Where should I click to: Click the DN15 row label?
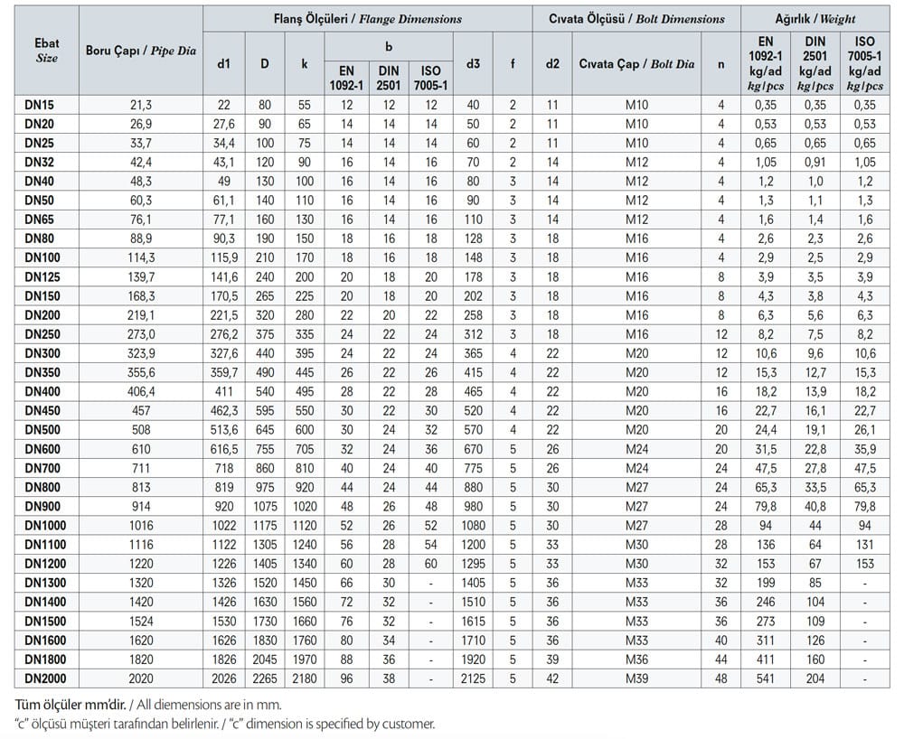point(40,106)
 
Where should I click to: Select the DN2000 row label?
point(45,678)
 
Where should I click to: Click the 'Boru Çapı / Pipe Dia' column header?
point(140,51)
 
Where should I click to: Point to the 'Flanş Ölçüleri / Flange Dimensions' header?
point(367,18)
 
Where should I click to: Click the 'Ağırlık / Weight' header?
point(815,18)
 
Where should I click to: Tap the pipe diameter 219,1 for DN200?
point(140,314)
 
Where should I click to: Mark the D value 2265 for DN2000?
point(264,678)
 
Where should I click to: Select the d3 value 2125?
point(472,678)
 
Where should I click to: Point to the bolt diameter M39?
point(637,678)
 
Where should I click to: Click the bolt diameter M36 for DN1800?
point(637,659)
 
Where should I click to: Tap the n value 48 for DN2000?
point(720,678)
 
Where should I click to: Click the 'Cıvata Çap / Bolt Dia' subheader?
point(637,64)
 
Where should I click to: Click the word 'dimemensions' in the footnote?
point(209,704)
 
